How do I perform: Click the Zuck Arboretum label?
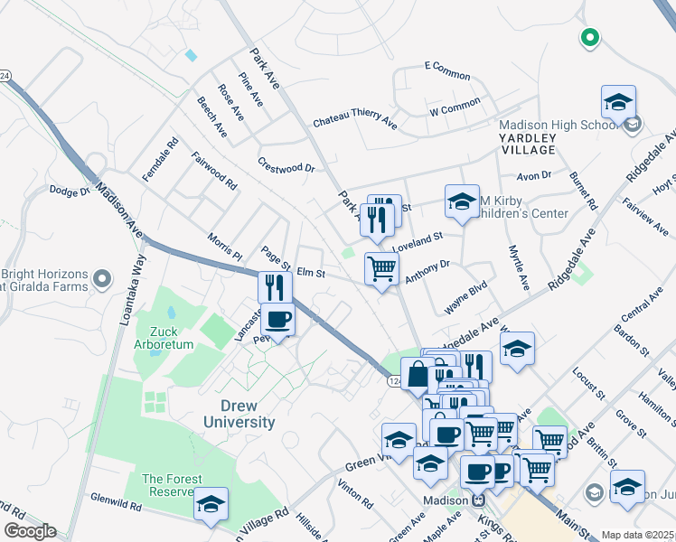click(164, 336)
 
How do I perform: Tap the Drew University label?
click(239, 414)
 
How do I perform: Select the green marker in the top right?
click(589, 38)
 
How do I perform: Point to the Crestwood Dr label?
click(286, 167)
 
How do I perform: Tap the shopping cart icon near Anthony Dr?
click(381, 268)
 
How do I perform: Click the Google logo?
click(30, 531)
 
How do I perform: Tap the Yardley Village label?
click(525, 142)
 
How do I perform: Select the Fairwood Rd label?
click(213, 171)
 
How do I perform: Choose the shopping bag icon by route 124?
click(418, 373)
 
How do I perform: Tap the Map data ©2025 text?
click(638, 535)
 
